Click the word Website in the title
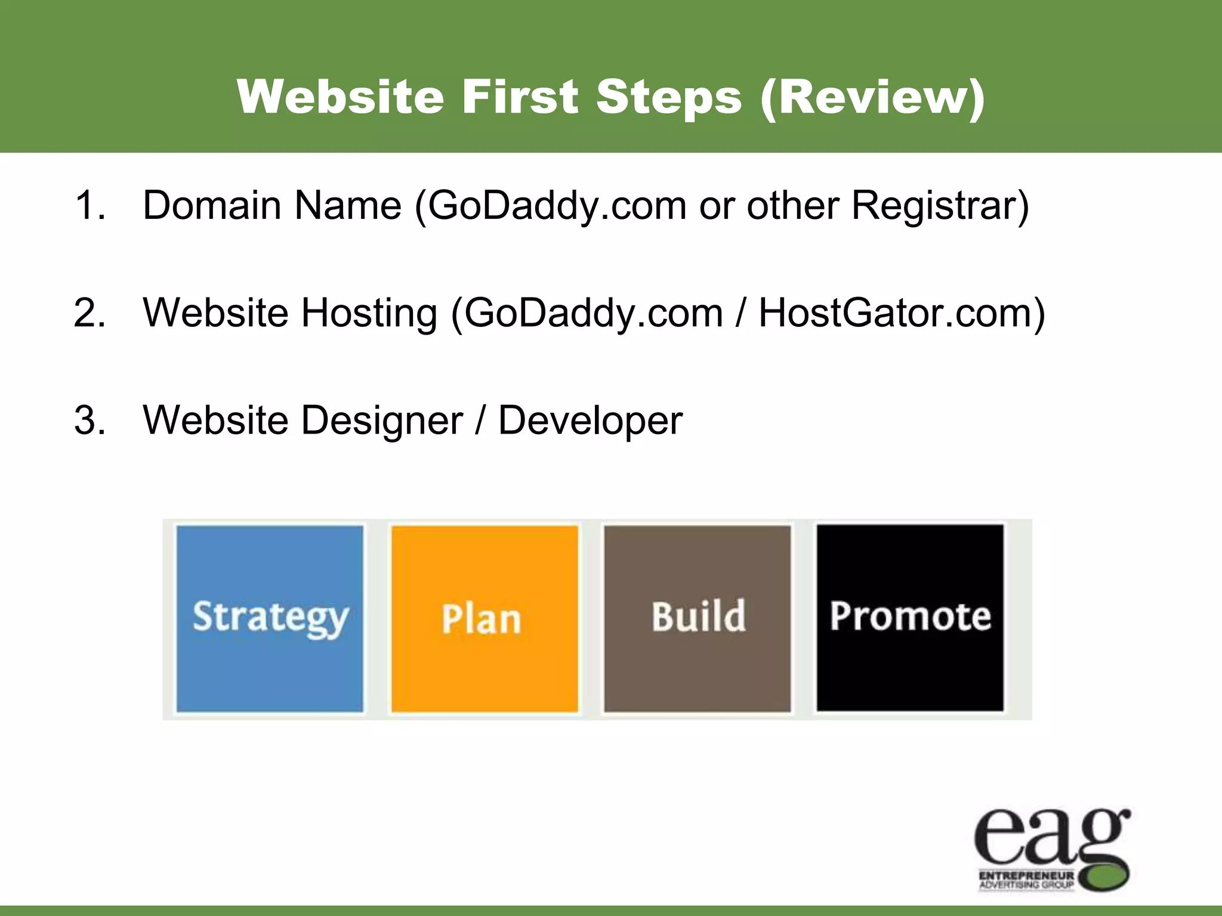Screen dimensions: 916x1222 (341, 97)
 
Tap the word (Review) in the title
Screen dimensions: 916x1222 (873, 98)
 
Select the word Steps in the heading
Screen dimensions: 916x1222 (668, 98)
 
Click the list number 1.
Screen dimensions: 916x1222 (90, 206)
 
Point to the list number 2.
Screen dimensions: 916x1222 (90, 313)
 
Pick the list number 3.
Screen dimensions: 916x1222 (90, 420)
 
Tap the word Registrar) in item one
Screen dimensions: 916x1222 (940, 206)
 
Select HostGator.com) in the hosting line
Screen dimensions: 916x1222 (902, 313)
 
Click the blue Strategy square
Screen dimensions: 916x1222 (270, 618)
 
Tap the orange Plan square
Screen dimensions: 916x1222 (484, 618)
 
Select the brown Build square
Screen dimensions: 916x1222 (697, 618)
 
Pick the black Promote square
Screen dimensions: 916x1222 (910, 618)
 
